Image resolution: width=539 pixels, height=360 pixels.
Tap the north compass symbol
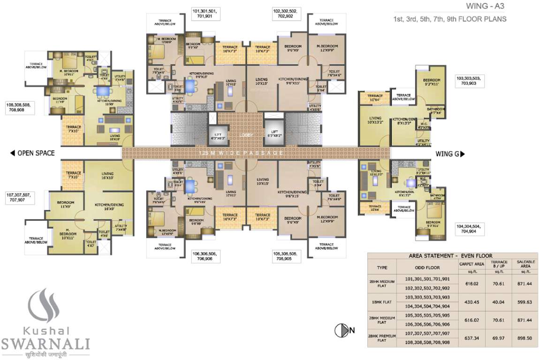tap(342, 330)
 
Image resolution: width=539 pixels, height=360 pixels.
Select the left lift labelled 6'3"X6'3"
tap(217, 135)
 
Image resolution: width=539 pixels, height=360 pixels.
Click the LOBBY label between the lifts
tap(245, 135)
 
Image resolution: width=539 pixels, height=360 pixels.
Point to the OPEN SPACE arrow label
tap(32, 153)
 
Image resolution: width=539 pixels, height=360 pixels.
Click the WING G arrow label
tap(450, 153)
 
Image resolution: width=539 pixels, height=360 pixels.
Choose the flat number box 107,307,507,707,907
tap(19, 197)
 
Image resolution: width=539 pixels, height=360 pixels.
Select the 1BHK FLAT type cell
tap(382, 303)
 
